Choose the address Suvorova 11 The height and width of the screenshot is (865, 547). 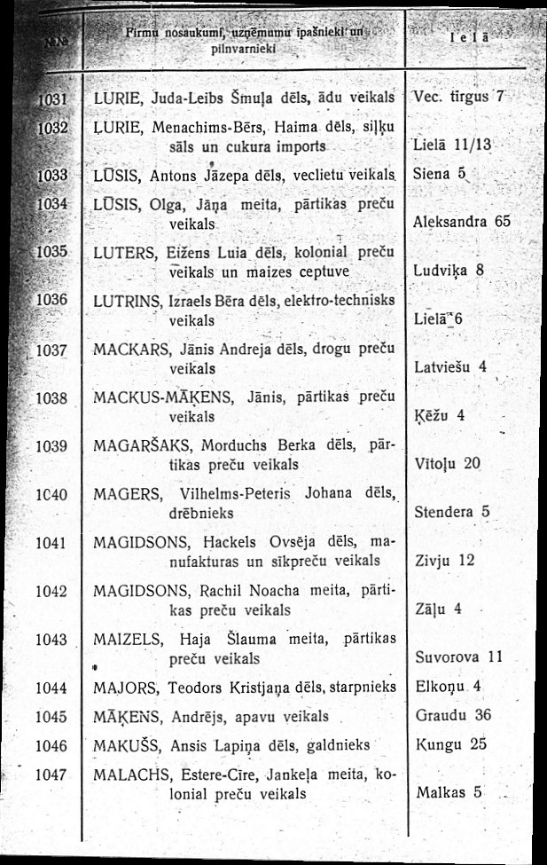(x=458, y=657)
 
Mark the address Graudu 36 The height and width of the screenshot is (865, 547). (x=452, y=715)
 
